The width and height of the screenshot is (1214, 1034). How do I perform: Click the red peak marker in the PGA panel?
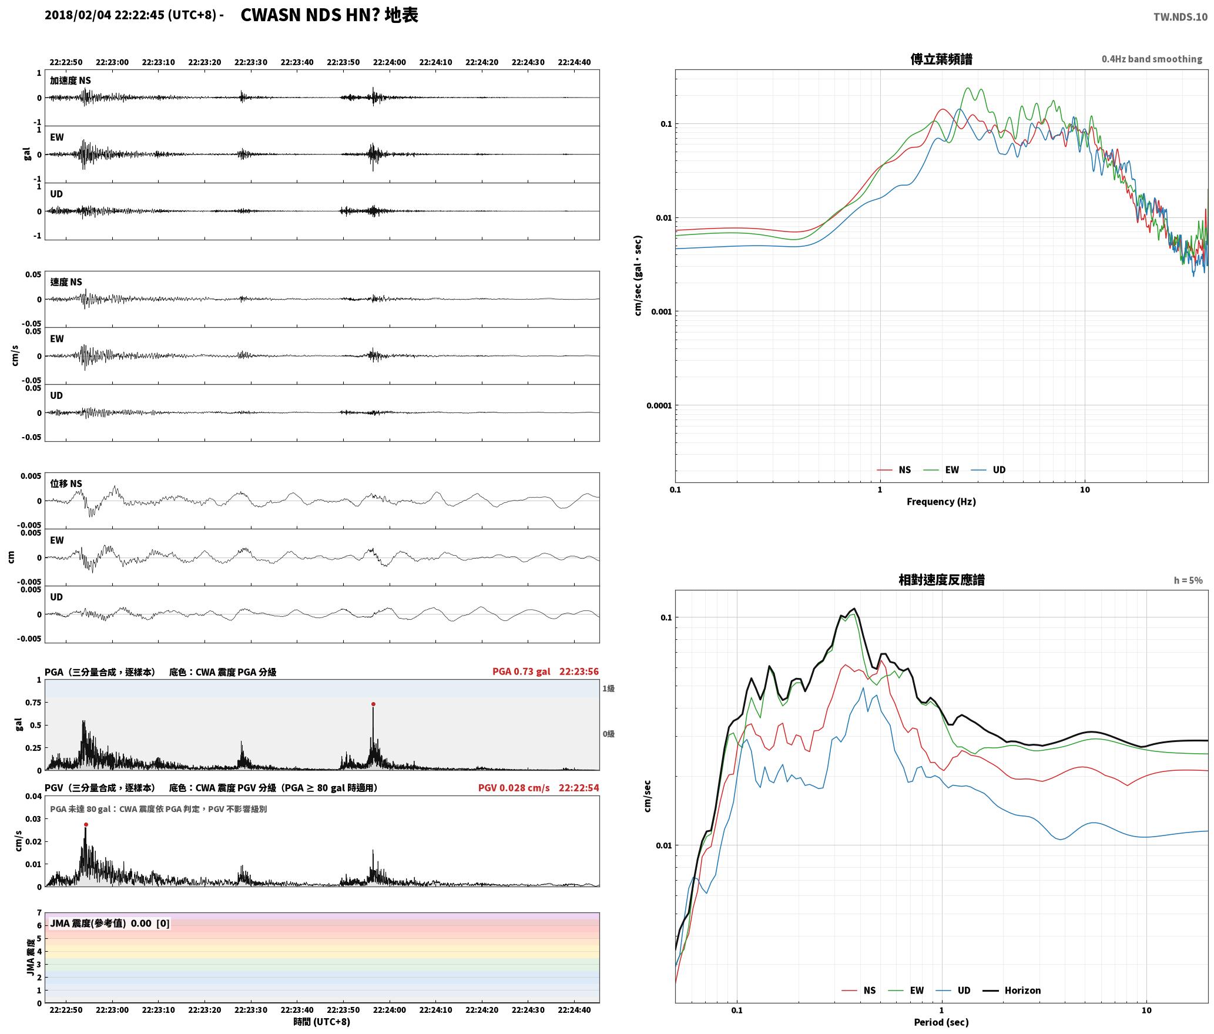point(373,704)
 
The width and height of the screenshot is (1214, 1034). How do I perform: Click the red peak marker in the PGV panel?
point(86,824)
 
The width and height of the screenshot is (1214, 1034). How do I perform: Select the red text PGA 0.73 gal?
point(521,672)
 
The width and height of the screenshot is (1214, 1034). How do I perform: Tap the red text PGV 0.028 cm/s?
point(514,788)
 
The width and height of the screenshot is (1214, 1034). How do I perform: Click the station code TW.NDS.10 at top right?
point(1181,17)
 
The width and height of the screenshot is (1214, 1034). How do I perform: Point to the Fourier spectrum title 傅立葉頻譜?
point(941,59)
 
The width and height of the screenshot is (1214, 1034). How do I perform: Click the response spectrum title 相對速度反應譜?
point(941,580)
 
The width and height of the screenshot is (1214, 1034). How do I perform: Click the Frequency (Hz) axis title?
point(941,501)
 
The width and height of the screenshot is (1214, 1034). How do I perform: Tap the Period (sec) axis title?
point(941,1022)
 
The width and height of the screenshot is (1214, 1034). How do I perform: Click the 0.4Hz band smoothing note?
point(1152,59)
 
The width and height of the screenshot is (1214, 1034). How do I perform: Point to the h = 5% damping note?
point(1188,580)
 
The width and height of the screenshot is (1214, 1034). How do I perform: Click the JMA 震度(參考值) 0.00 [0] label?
point(110,923)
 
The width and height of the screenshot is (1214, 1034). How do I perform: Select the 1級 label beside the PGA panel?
point(608,689)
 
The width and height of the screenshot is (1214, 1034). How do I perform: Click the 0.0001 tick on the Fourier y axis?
point(659,405)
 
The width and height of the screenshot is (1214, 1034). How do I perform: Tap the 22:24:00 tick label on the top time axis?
point(390,62)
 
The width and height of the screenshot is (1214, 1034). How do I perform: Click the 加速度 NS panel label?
point(71,80)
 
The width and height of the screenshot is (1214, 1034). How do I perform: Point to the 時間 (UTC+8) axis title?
point(322,1022)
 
